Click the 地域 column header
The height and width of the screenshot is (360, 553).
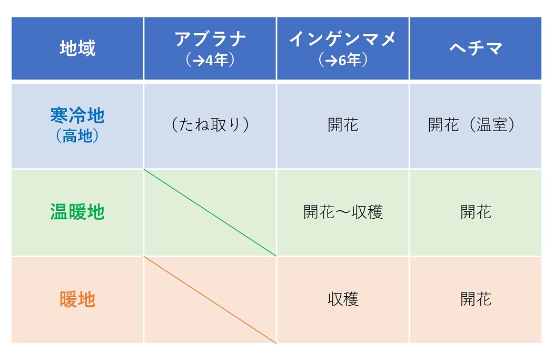[x=77, y=48]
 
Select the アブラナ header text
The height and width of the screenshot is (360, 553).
[x=210, y=39]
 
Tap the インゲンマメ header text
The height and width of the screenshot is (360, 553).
[x=343, y=38]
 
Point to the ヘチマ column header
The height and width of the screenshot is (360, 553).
[x=476, y=48]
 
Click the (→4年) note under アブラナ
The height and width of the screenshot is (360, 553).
[x=210, y=60]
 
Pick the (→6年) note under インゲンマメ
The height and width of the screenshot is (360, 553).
[x=343, y=60]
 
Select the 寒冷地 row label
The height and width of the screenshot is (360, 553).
[x=77, y=115]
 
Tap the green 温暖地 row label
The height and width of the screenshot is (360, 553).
[x=77, y=212]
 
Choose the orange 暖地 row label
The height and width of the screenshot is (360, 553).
[x=77, y=299]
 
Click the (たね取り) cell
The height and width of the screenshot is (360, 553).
[x=210, y=124]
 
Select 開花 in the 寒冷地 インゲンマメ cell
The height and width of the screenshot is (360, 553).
[x=343, y=124]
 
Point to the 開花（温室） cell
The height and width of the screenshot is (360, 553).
[x=471, y=124]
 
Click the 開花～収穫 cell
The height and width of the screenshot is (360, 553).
[x=343, y=212]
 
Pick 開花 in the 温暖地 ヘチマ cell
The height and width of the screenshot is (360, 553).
[x=476, y=212]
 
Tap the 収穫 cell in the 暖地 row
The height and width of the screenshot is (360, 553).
[x=343, y=299]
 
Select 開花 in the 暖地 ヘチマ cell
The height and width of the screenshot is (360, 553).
[x=476, y=299]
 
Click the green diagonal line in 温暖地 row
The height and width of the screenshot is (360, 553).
[x=210, y=213]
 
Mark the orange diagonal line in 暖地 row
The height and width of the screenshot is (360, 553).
[x=210, y=299]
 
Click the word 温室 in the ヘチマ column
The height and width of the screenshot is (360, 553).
[x=492, y=124]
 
